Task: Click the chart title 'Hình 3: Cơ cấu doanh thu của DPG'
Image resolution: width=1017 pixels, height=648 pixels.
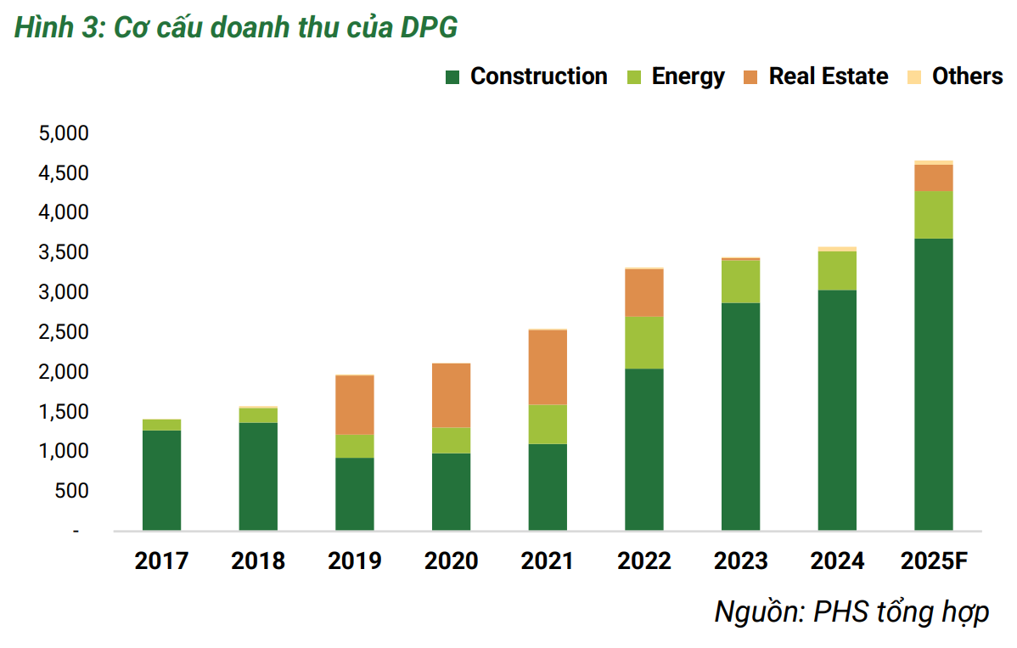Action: point(236,28)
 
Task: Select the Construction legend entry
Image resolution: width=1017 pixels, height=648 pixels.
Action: point(526,76)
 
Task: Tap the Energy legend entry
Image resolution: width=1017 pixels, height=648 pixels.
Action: point(676,76)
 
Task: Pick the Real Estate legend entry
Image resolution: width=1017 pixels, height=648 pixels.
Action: point(816,76)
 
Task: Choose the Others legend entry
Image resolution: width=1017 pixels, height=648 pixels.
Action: point(955,76)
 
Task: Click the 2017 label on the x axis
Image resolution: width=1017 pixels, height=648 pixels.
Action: point(161,561)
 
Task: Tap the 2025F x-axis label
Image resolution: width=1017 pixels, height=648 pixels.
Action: point(934,561)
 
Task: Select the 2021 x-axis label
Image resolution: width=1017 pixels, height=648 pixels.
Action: point(548,561)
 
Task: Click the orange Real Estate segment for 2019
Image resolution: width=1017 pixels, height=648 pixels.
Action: point(355,405)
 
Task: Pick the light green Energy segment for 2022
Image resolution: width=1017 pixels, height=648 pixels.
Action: point(644,342)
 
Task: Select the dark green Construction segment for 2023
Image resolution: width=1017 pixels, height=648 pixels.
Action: point(741,416)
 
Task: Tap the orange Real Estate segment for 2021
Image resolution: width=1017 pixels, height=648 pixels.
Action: point(548,367)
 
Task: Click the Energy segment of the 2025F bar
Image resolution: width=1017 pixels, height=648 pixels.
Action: point(934,215)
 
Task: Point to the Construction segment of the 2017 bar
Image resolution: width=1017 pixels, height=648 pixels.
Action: point(161,480)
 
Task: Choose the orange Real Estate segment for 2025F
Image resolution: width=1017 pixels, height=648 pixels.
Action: point(934,177)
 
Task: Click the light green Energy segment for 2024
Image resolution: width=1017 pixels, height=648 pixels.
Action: point(837,271)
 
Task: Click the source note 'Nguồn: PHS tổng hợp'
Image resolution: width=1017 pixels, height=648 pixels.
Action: point(851,611)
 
